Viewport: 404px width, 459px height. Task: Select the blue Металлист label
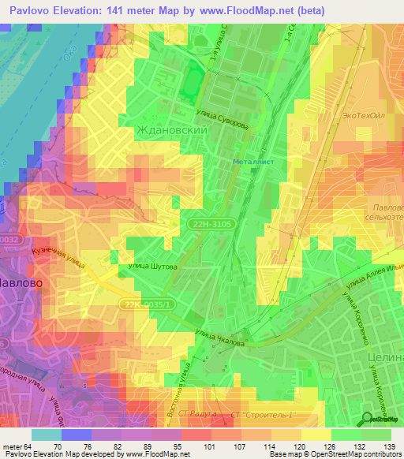[252, 162]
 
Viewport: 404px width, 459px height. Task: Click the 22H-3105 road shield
[211, 225]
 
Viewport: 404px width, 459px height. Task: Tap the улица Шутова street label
[148, 267]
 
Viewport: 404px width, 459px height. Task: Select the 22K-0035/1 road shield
[149, 304]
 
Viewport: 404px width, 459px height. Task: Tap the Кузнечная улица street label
[58, 258]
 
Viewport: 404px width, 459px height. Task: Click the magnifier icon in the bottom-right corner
[368, 419]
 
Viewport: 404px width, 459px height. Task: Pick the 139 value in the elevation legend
[388, 446]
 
